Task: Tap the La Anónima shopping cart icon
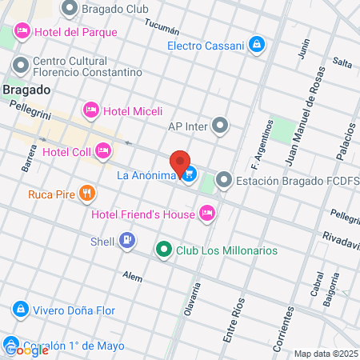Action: click(189, 173)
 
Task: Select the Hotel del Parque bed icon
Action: click(22, 32)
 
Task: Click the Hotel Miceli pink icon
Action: click(91, 110)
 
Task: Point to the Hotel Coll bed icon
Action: click(102, 150)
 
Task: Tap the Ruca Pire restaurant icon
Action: click(87, 193)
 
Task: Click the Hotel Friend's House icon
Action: click(207, 213)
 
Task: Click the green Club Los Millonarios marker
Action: click(164, 250)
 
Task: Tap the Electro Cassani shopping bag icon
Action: click(256, 45)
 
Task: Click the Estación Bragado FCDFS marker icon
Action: click(224, 182)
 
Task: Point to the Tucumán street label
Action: click(160, 26)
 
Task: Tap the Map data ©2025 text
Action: click(326, 354)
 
